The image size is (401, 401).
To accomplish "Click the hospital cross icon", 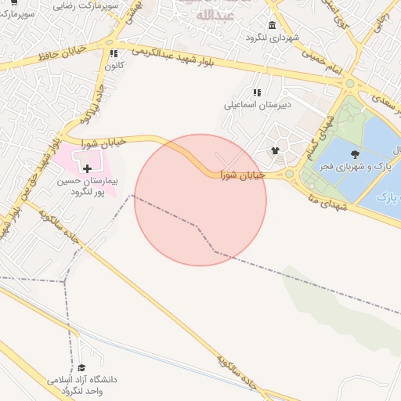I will pos(86,168).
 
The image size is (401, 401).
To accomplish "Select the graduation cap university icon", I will pos(81,368).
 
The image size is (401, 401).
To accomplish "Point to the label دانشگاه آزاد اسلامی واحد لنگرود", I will pos(81,385).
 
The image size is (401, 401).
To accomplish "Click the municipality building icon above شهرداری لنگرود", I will pos(271,25).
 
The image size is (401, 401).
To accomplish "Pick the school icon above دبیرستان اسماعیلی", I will pos(257,92).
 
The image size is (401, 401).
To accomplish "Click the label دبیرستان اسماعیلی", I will pos(258,104).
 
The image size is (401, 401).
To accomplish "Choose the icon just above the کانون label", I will pos(114,54).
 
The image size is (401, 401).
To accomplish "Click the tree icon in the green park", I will pos(356,154).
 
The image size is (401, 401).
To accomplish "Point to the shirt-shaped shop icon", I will pos(275,150).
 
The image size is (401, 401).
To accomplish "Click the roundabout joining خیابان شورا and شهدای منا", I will pos(290,174).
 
